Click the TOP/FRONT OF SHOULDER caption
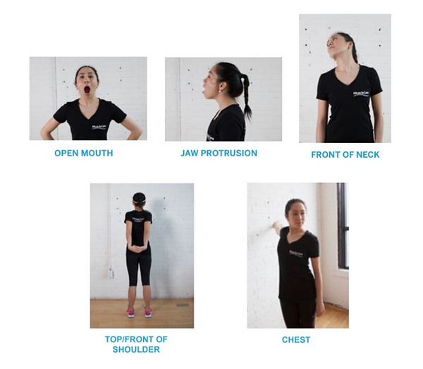(x=141, y=344)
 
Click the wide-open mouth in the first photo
(x=87, y=90)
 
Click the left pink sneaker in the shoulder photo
(x=130, y=312)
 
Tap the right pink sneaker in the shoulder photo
(x=147, y=312)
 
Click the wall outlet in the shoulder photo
(x=111, y=273)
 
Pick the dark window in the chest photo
(x=342, y=225)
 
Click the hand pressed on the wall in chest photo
(x=276, y=226)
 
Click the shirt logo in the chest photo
(x=301, y=253)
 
